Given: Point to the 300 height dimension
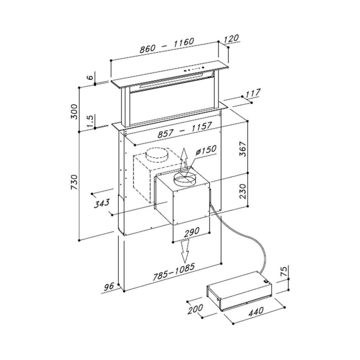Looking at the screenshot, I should pyautogui.click(x=74, y=111).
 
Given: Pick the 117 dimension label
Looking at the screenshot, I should pyautogui.click(x=252, y=93).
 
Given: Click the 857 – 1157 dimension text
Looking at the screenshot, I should pyautogui.click(x=184, y=130).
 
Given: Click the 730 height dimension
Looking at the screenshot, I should pyautogui.click(x=74, y=182).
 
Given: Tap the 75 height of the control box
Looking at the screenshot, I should pyautogui.click(x=283, y=272).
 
